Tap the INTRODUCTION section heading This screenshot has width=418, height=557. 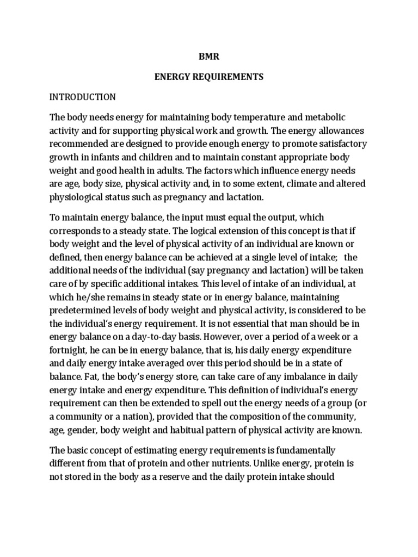click(x=83, y=97)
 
